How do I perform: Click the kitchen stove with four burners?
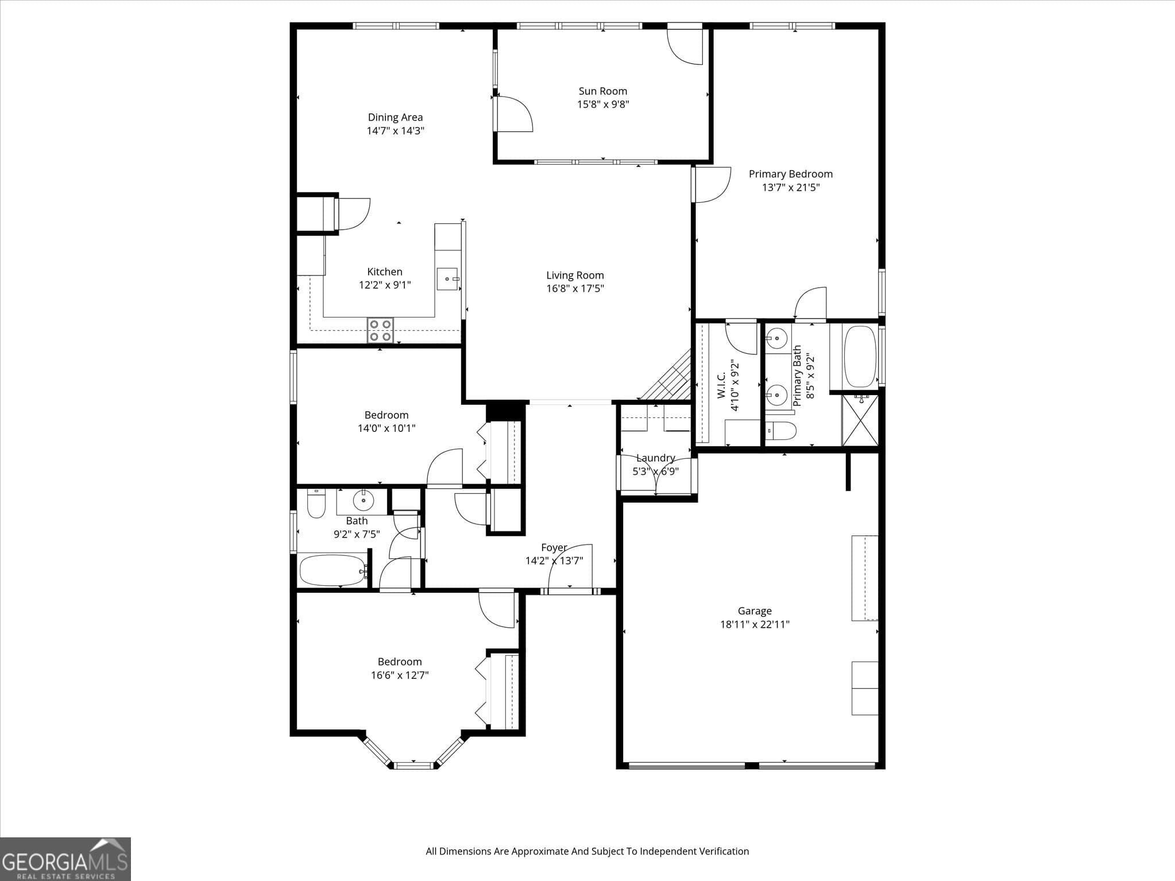pyautogui.click(x=380, y=330)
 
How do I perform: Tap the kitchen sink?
pyautogui.click(x=447, y=279)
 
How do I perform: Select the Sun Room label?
pyautogui.click(x=602, y=91)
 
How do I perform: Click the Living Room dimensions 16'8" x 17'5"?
pyautogui.click(x=575, y=288)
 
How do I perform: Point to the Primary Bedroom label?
pyautogui.click(x=790, y=173)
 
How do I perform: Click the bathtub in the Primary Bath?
pyautogui.click(x=859, y=357)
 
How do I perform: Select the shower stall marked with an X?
pyautogui.click(x=860, y=420)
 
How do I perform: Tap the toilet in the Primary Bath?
pyautogui.click(x=780, y=430)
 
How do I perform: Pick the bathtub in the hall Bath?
pyautogui.click(x=333, y=570)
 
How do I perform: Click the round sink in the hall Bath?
pyautogui.click(x=363, y=500)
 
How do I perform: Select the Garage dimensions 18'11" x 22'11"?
pyautogui.click(x=755, y=624)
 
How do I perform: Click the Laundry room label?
pyautogui.click(x=655, y=458)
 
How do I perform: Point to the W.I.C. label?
pyautogui.click(x=721, y=384)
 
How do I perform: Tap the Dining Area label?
pyautogui.click(x=395, y=117)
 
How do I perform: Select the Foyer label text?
pyautogui.click(x=554, y=547)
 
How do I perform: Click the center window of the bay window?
pyautogui.click(x=413, y=765)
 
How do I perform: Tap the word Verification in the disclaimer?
pyautogui.click(x=724, y=851)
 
